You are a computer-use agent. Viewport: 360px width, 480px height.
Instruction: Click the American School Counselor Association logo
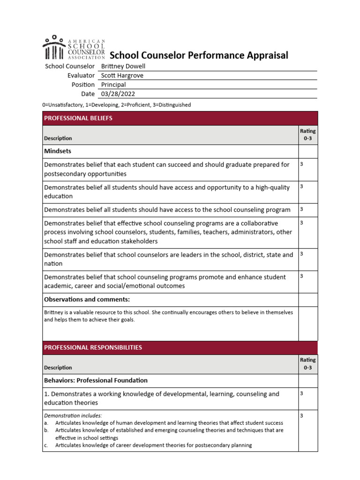[74, 47]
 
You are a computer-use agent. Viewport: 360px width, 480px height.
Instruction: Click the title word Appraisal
[265, 55]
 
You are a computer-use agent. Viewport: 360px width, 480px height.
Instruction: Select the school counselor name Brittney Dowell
[123, 67]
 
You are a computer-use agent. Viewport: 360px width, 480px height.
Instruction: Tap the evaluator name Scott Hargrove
[122, 75]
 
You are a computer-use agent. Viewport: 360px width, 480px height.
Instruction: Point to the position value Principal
[113, 85]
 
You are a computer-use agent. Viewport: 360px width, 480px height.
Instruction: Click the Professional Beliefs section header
[78, 118]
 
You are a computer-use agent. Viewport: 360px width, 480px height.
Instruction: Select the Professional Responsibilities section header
[93, 347]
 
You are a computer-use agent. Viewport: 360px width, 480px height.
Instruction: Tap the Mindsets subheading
[58, 151]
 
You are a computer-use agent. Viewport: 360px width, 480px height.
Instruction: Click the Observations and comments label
[87, 300]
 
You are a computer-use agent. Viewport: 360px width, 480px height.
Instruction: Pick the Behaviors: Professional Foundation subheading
[96, 380]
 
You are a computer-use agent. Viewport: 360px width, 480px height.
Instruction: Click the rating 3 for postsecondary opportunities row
[301, 164]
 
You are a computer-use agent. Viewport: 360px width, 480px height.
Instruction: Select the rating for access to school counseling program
[301, 209]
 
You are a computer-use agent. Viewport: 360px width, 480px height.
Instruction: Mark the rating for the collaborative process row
[301, 222]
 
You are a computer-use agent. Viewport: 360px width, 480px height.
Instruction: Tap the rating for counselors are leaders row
[301, 254]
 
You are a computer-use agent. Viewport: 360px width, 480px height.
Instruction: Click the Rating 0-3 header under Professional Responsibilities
[307, 364]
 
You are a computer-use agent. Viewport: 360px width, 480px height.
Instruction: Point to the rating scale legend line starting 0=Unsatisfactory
[117, 105]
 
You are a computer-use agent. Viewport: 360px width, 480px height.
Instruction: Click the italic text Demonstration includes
[73, 415]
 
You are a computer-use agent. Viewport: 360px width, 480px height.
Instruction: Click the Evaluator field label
[81, 75]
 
